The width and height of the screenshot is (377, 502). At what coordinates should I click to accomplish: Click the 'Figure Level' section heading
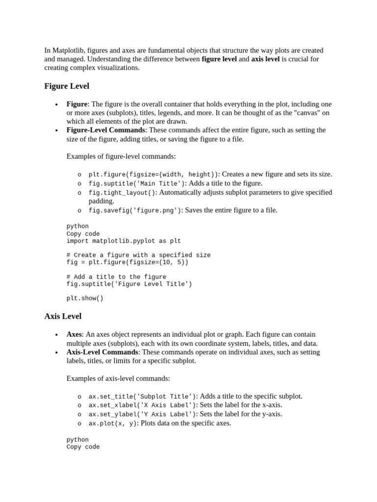pyautogui.click(x=67, y=86)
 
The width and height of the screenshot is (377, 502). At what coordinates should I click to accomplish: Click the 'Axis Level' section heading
pyautogui.click(x=63, y=316)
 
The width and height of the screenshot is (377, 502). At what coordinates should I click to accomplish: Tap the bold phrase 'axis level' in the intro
pyautogui.click(x=265, y=59)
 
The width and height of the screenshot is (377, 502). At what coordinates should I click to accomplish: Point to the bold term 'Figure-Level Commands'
pyautogui.click(x=106, y=130)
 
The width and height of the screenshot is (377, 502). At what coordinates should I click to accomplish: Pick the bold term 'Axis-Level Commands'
pyautogui.click(x=102, y=352)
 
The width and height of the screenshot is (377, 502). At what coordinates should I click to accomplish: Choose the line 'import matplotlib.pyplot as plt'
pyautogui.click(x=124, y=241)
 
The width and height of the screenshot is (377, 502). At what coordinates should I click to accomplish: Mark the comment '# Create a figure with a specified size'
pyautogui.click(x=138, y=255)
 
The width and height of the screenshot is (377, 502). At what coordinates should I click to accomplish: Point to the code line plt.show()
pyautogui.click(x=85, y=298)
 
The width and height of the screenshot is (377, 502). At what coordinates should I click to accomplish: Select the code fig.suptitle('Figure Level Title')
pyautogui.click(x=129, y=284)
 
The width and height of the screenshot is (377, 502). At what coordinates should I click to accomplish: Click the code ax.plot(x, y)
pyautogui.click(x=113, y=423)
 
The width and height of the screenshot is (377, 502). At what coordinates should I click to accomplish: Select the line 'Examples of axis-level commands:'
pyautogui.click(x=118, y=378)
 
